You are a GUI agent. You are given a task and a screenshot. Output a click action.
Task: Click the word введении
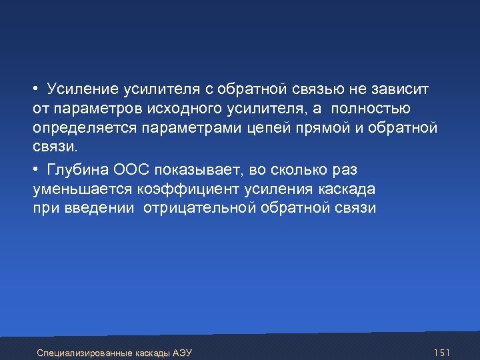tap(98, 208)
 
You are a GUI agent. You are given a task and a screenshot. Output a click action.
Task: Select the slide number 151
tap(442, 351)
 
